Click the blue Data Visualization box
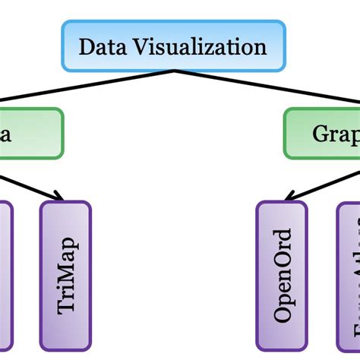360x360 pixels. (174, 47)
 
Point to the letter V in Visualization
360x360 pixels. (134, 47)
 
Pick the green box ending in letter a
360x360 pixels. (30, 134)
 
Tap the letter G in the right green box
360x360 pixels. (320, 134)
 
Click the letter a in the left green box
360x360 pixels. (5, 134)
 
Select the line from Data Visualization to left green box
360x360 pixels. (91, 90)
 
